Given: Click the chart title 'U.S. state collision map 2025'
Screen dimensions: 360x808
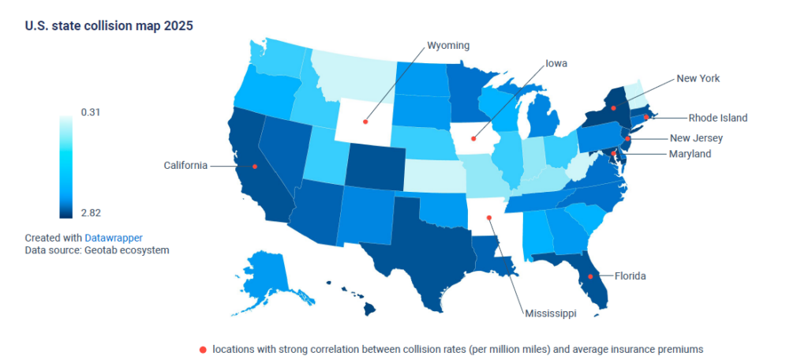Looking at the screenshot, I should click(x=109, y=25).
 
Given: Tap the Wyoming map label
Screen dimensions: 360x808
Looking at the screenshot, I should click(x=448, y=45).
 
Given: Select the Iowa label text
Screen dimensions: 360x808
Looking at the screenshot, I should click(x=556, y=63).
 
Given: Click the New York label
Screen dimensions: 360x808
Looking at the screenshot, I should click(x=698, y=78).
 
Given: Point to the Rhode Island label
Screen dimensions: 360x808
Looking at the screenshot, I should click(x=717, y=118).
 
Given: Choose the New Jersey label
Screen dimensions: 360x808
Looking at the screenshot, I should click(x=696, y=138).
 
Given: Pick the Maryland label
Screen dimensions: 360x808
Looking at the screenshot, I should click(x=690, y=153).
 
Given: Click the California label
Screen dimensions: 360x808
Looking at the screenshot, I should click(x=185, y=166).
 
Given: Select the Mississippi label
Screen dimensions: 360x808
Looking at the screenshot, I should click(x=551, y=313).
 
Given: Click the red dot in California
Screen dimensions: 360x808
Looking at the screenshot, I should click(x=255, y=166).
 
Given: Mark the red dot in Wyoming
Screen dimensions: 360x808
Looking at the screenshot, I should click(x=365, y=122).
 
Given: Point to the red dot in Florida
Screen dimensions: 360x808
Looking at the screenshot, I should click(x=591, y=276).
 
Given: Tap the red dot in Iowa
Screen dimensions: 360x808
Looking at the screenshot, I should click(x=474, y=140).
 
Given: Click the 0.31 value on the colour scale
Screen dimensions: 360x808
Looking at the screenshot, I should click(x=91, y=112).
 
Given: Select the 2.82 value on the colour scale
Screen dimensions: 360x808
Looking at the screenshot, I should click(x=91, y=212).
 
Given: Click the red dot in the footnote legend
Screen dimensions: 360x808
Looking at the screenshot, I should click(x=204, y=349).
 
